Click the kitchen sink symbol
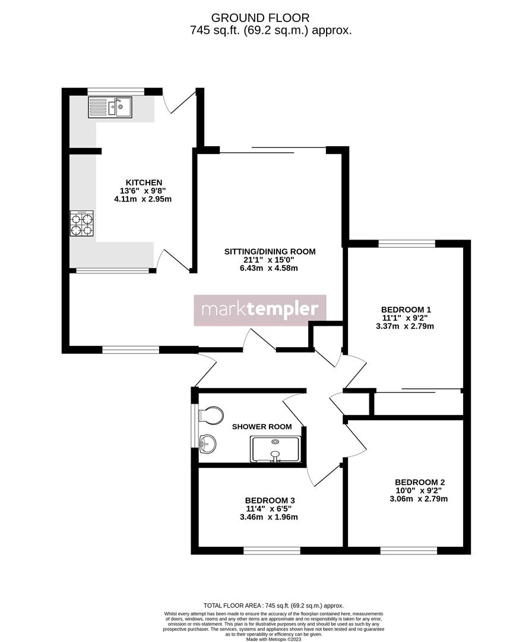[110, 107]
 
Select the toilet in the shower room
[211, 415]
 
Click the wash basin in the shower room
[208, 442]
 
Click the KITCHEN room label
[144, 182]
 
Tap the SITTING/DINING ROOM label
[270, 251]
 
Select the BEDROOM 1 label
[406, 309]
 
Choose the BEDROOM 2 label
[420, 482]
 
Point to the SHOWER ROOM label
[262, 427]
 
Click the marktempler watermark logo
[260, 310]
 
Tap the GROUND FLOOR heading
[260, 18]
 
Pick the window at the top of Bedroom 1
[407, 243]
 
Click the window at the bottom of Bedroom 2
[408, 551]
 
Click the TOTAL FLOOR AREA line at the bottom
[273, 605]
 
